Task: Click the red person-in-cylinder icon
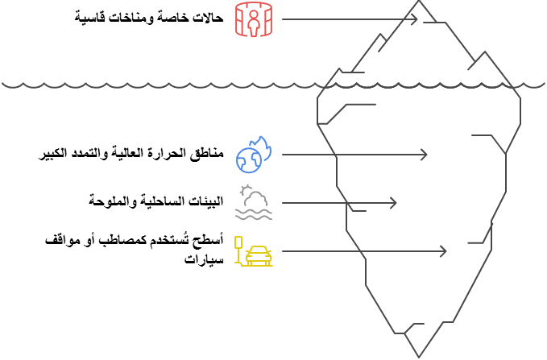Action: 254,19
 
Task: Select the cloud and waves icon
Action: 253,203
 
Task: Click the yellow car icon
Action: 253,252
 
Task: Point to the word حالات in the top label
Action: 206,18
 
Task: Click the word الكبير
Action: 55,153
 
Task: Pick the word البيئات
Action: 205,200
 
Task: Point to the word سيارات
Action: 202,259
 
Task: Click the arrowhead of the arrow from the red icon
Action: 415,19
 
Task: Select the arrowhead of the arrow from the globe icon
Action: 425,154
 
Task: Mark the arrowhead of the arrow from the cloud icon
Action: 394,203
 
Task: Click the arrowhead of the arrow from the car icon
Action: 443,252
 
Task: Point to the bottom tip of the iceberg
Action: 418,356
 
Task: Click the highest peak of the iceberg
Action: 418,2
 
